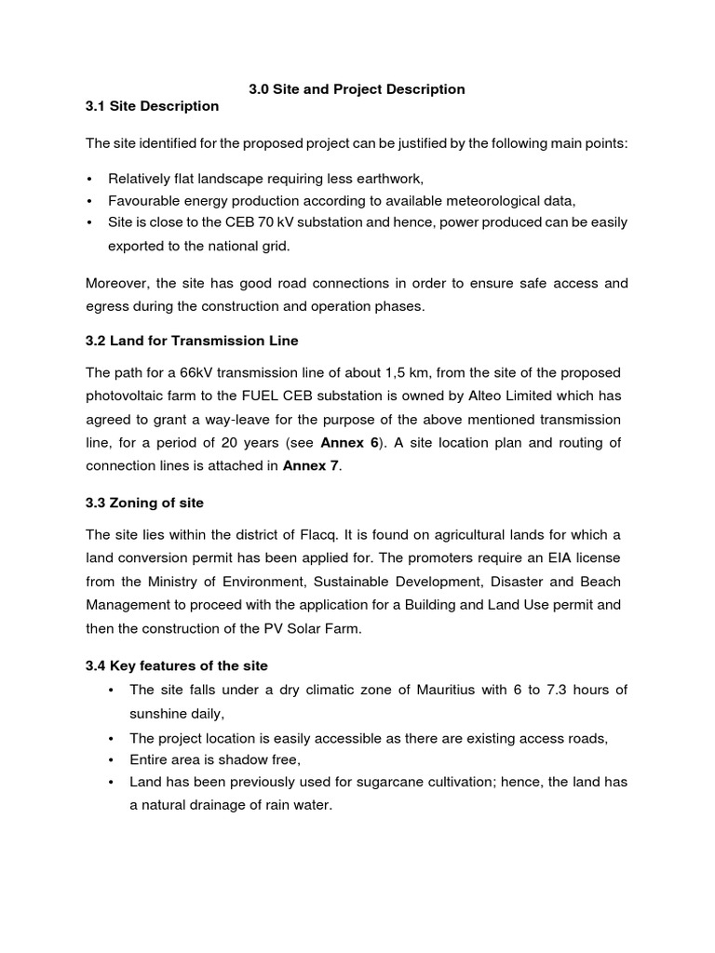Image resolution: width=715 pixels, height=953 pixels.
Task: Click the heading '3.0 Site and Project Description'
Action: pos(357,89)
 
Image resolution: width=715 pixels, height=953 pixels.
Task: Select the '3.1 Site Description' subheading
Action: pos(152,106)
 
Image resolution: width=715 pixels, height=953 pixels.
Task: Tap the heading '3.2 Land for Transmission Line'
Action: pos(192,341)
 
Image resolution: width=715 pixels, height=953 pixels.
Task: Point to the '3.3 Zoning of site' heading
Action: pos(144,503)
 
